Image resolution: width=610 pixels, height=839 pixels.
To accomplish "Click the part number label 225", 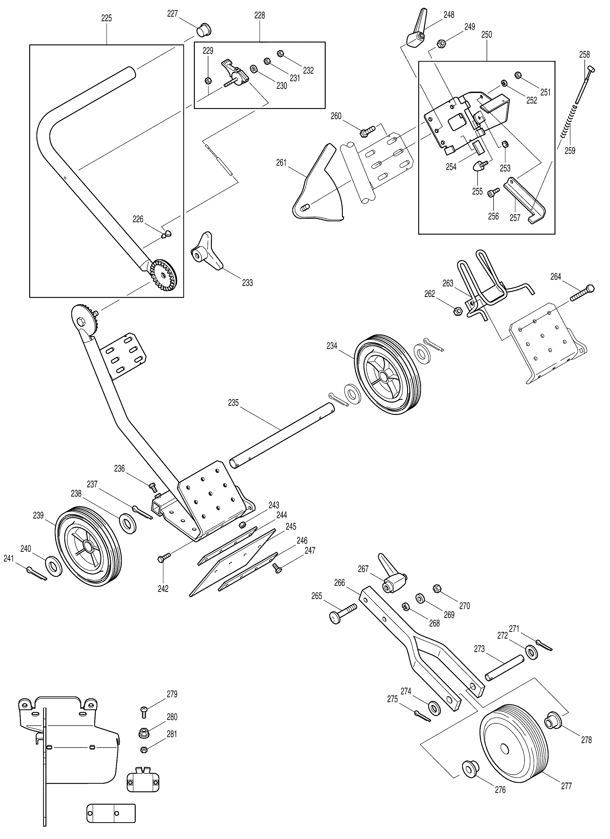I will coord(106,18).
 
